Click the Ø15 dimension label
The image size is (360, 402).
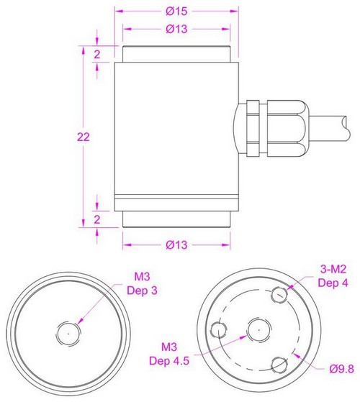coord(176,12)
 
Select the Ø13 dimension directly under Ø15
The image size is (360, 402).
coord(176,29)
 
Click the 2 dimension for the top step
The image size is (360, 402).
coord(96,55)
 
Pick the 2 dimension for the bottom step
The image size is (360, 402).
coord(96,220)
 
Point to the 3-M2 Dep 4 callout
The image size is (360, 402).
coord(333,275)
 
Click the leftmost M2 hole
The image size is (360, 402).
coord(219,330)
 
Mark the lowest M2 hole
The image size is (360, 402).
coord(280,365)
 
